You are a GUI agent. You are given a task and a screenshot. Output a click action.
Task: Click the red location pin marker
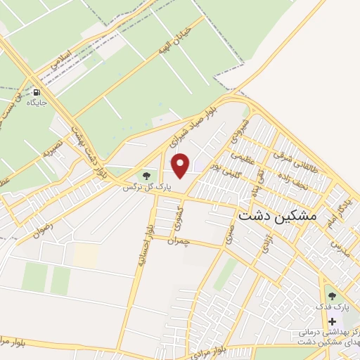[x=181, y=166]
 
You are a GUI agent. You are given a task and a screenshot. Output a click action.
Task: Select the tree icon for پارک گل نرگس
[x=146, y=176]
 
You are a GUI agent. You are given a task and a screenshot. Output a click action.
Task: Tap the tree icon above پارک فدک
[x=332, y=296]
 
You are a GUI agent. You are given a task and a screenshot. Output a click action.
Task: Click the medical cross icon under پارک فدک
[x=332, y=321]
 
